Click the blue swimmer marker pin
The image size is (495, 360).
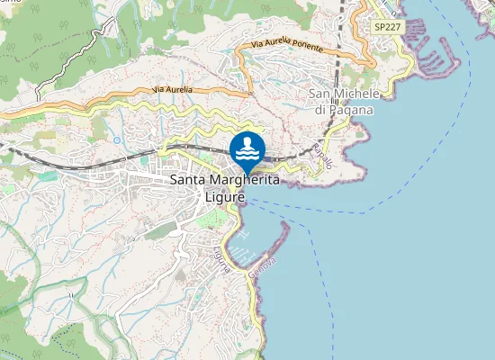pyautogui.click(x=247, y=148)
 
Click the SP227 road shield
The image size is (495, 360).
pyautogui.click(x=387, y=28)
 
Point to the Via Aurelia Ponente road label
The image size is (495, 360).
pyautogui.click(x=285, y=42)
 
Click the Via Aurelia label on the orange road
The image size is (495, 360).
pyautogui.click(x=172, y=89)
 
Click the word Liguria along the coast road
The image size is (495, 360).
pyautogui.click(x=222, y=260)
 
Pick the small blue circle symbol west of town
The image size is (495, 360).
pyautogui.click(x=117, y=139)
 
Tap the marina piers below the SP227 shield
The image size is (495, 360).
pyautogui.click(x=436, y=63)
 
